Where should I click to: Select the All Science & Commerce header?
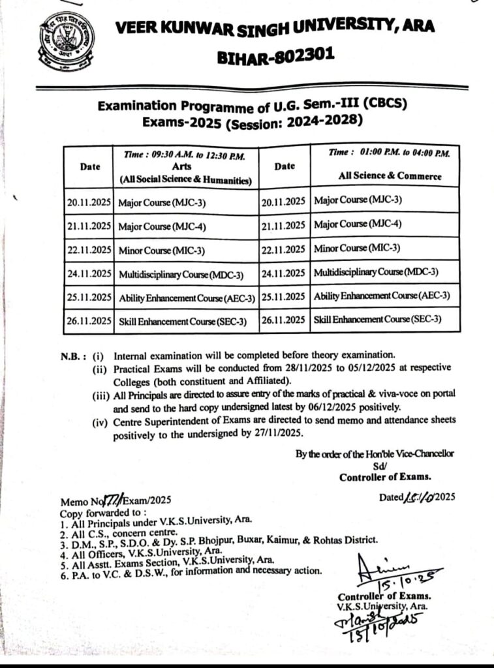[390, 176]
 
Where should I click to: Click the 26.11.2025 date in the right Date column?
[284, 319]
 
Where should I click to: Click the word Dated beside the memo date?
[392, 497]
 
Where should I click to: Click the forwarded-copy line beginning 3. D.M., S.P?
[219, 539]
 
